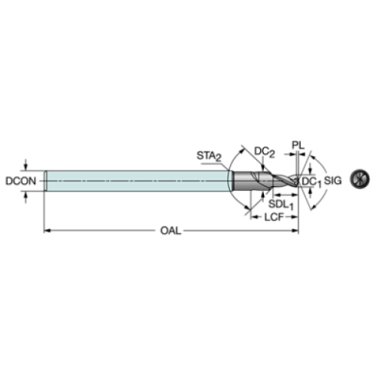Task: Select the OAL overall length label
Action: [172, 230]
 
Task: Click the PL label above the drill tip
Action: [295, 144]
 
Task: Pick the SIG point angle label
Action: [332, 181]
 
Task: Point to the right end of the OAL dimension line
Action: [297, 230]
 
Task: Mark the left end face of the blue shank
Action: [45, 181]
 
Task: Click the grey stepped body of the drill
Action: [258, 182]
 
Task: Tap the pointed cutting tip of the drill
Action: [298, 181]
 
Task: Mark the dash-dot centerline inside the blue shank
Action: [138, 181]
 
